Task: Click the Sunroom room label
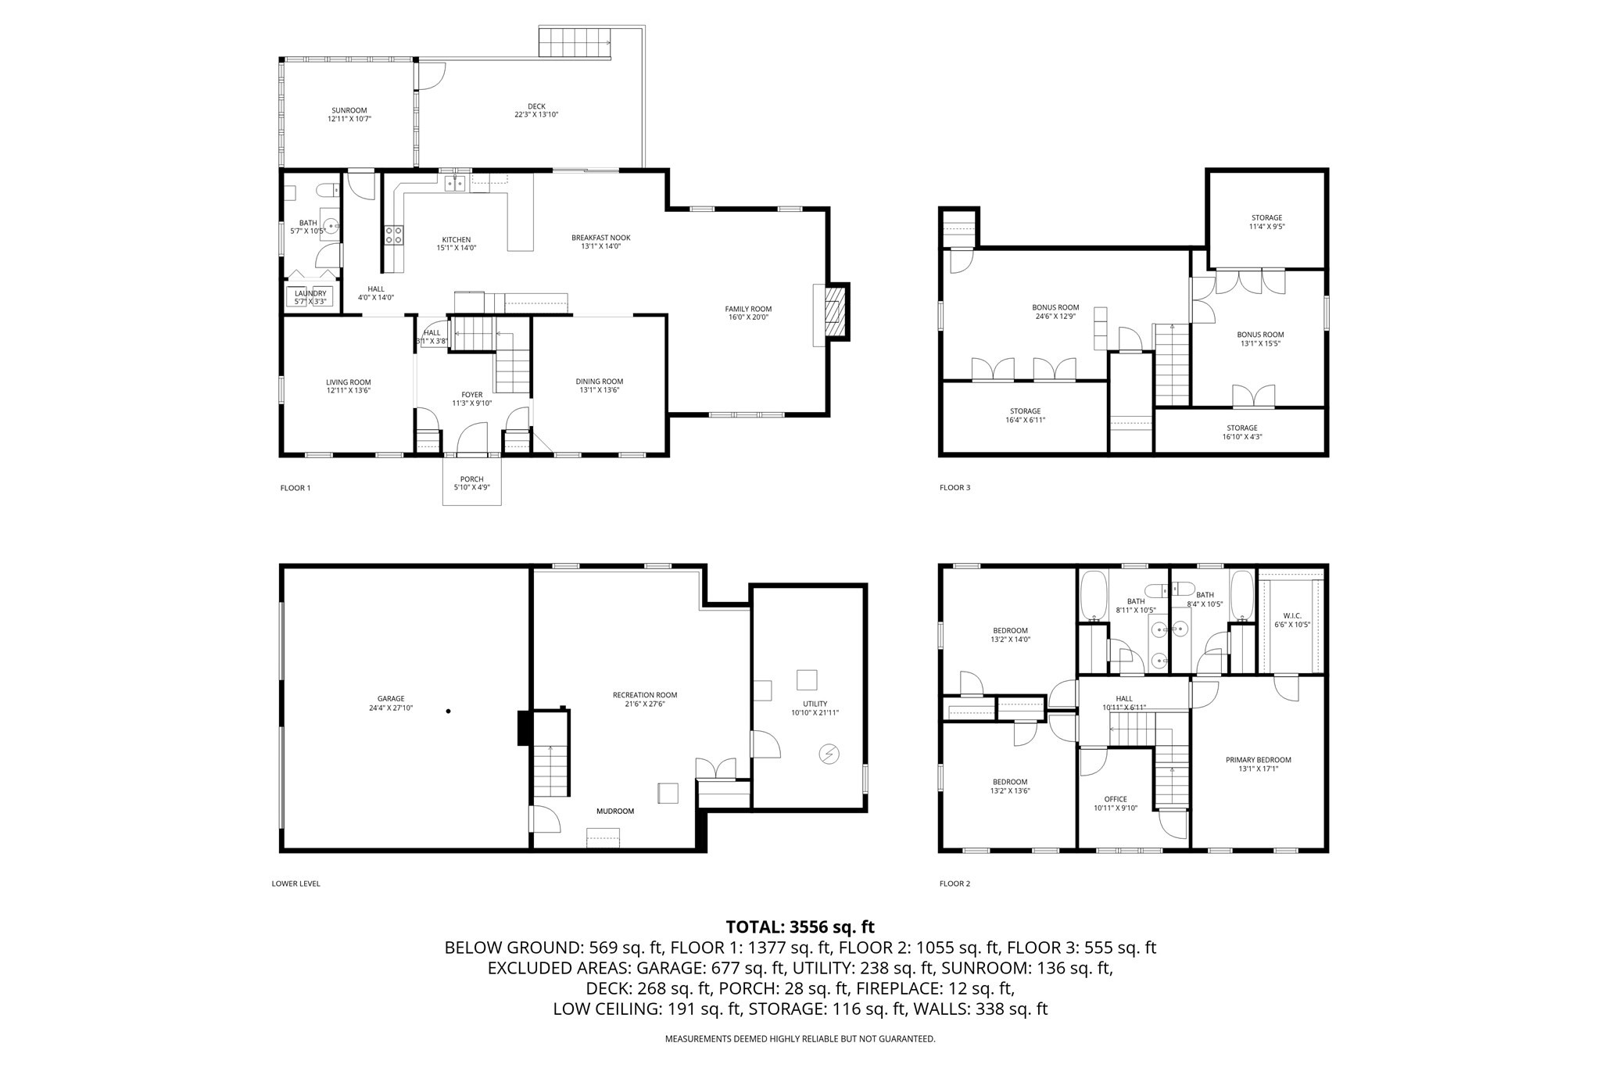tap(349, 110)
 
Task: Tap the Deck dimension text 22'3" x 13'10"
tap(536, 115)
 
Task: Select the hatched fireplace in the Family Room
tap(834, 312)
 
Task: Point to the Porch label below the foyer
tap(471, 479)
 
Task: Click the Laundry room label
tap(310, 294)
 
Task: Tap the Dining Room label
tap(600, 382)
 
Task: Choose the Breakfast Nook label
tap(600, 238)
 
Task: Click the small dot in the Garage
tap(448, 711)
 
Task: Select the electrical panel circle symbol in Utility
tap(829, 754)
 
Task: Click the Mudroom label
tap(615, 812)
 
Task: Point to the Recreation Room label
tap(645, 695)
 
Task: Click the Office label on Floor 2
tap(1116, 799)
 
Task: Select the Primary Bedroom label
tap(1258, 760)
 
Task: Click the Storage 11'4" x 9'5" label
tap(1266, 218)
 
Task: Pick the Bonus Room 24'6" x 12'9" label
tap(1055, 307)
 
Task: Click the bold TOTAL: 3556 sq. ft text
tap(800, 927)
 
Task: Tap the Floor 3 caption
tap(955, 488)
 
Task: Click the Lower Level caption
tap(295, 884)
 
